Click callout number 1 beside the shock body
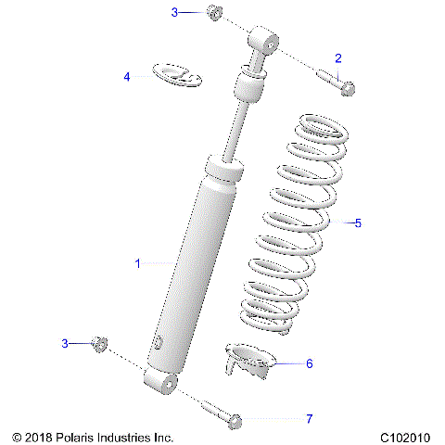(137, 264)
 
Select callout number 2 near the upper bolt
(338, 57)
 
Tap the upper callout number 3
(173, 12)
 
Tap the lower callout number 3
(65, 343)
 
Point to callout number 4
(127, 77)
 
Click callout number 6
(310, 363)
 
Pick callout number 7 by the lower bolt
(310, 419)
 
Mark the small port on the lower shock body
(159, 343)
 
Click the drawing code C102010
(404, 435)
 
